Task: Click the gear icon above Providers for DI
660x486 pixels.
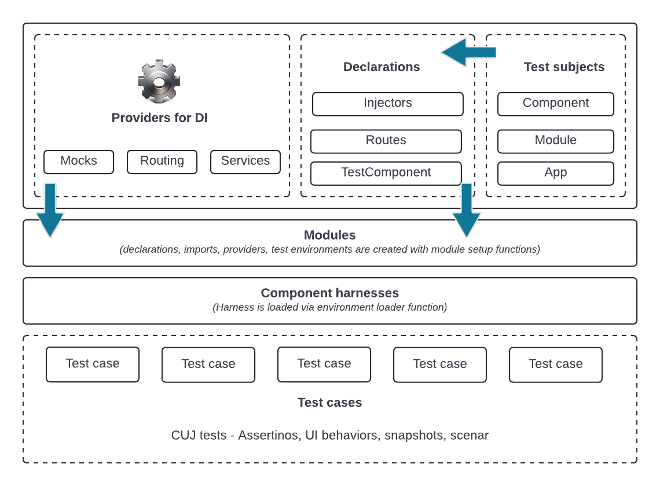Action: [x=159, y=82]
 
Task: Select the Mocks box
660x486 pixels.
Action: [x=79, y=161]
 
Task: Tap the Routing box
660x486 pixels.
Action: [x=162, y=161]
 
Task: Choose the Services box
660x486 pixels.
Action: [x=245, y=161]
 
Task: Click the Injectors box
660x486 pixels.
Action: [x=388, y=104]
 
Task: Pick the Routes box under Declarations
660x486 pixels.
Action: [x=386, y=141]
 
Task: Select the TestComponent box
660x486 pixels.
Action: [x=386, y=173]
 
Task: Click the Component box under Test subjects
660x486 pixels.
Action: [x=556, y=104]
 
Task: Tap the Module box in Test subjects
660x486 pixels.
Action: [x=556, y=141]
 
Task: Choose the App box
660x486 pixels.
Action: [x=556, y=173]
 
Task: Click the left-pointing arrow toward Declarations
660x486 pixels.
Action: [x=469, y=53]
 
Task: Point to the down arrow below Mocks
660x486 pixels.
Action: [x=50, y=210]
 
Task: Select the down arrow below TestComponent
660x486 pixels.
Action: [x=466, y=210]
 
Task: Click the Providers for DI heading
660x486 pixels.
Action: [x=159, y=118]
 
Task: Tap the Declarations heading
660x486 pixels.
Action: [x=382, y=67]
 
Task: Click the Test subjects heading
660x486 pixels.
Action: [x=564, y=67]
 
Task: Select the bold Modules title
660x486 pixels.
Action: [x=329, y=235]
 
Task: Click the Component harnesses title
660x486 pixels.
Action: [x=329, y=293]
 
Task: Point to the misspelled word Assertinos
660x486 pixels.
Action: [x=267, y=435]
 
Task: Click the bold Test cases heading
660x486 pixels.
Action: [x=329, y=403]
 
